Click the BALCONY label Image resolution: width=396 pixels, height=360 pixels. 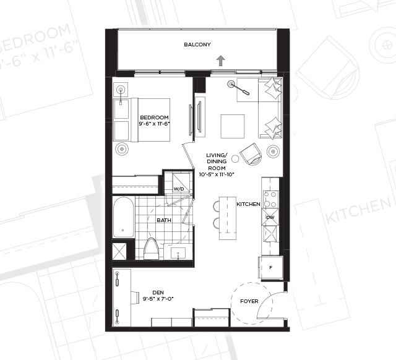click(x=197, y=45)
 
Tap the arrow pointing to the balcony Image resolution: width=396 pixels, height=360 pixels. click(x=221, y=61)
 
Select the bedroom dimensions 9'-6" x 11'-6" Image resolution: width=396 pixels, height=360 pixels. click(x=154, y=124)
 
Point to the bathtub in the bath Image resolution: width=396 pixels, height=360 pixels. click(x=123, y=217)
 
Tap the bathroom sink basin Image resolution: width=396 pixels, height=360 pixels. click(x=178, y=253)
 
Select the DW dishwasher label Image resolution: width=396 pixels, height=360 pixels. click(x=270, y=217)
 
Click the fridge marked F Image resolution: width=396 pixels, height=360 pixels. click(x=270, y=268)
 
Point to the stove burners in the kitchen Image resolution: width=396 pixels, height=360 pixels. click(x=271, y=199)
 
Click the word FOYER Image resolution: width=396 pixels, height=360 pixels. click(x=249, y=301)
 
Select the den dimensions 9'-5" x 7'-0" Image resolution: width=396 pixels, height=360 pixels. click(x=158, y=299)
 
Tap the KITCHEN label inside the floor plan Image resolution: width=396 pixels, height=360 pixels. click(x=248, y=204)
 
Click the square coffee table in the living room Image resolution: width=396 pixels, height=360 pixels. click(x=233, y=126)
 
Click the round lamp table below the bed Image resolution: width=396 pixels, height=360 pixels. click(x=122, y=149)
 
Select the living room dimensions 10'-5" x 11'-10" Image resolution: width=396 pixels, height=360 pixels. click(x=217, y=174)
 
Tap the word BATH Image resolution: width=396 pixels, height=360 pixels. click(x=164, y=220)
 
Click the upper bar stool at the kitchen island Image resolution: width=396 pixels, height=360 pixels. click(x=217, y=206)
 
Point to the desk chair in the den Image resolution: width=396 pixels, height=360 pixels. click(x=135, y=296)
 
